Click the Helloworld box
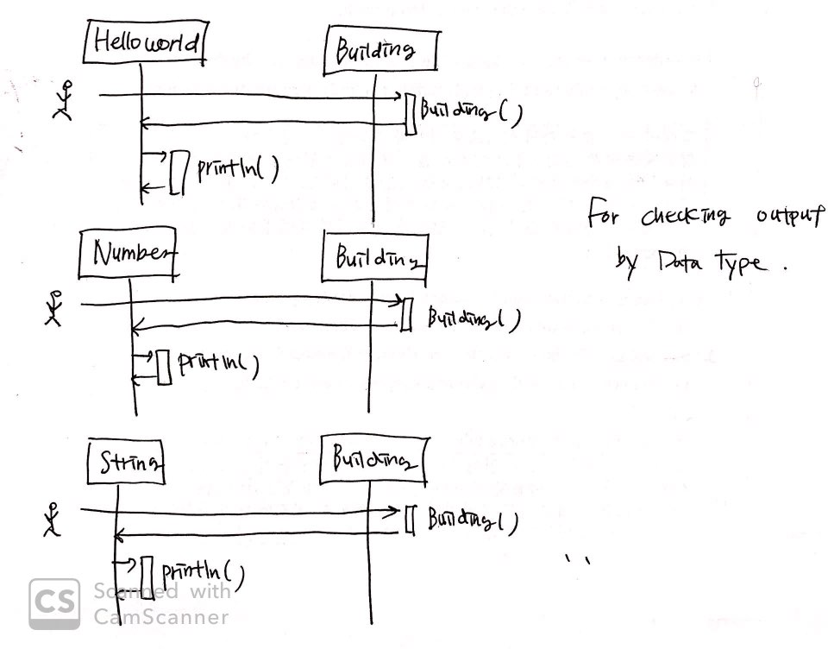tap(144, 43)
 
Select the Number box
tap(129, 255)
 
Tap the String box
tap(126, 464)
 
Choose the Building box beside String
tap(375, 459)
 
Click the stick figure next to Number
tap(54, 307)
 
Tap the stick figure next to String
tap(52, 520)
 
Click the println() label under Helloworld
tap(237, 169)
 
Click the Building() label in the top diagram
tap(471, 113)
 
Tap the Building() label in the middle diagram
tap(474, 321)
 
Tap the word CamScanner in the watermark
tap(161, 617)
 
